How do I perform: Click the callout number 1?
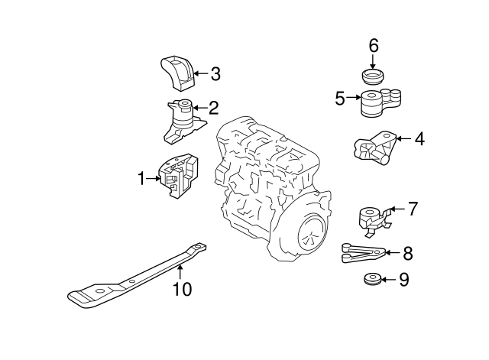[141, 178]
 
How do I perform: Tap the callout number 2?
[214, 108]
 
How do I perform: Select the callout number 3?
[215, 74]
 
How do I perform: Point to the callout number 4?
[419, 139]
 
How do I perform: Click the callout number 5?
[340, 97]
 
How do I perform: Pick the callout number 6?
[374, 45]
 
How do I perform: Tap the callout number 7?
[413, 207]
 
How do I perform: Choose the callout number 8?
[407, 251]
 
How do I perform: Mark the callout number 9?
[404, 280]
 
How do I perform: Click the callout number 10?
[182, 289]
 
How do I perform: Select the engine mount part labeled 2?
[183, 120]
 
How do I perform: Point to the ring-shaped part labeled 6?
[373, 77]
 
